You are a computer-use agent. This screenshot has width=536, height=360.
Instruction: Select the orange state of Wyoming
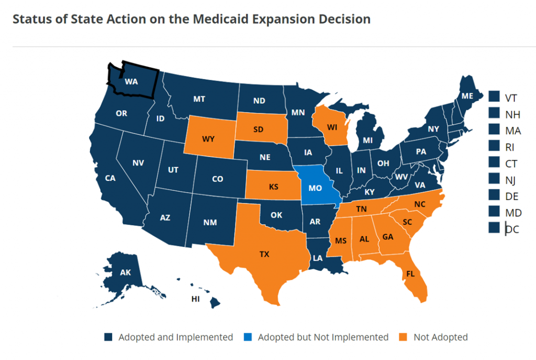[x=208, y=140]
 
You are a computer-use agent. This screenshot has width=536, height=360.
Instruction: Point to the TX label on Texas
[x=264, y=254]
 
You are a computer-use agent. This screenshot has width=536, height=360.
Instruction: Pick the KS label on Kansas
[x=273, y=186]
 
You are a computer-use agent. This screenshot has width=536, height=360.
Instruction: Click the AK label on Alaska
[x=125, y=272]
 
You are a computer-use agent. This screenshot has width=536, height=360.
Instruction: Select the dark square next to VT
[x=493, y=97]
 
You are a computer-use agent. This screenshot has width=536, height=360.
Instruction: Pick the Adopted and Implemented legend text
[x=175, y=337]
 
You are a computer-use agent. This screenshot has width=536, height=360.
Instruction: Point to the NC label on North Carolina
[x=420, y=204]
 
